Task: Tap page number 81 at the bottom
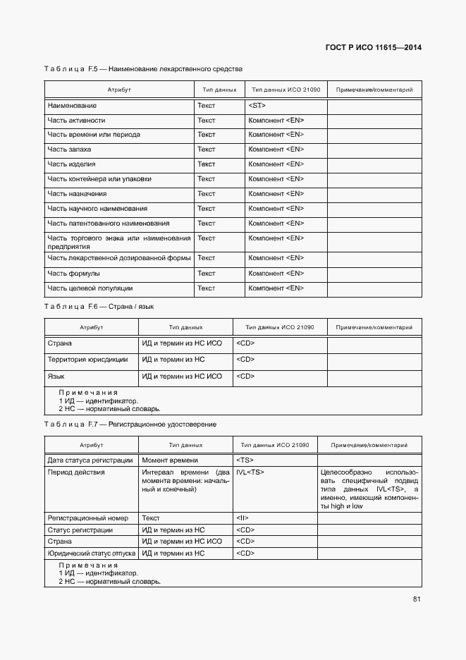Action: (417, 600)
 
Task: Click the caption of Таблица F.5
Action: (143, 69)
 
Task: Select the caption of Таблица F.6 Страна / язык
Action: (99, 307)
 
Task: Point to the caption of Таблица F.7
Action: (130, 424)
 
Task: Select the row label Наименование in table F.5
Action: (72, 105)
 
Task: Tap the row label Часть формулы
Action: (73, 273)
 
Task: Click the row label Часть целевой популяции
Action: (90, 288)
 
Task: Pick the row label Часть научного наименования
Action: (97, 209)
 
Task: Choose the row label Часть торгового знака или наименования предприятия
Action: (118, 243)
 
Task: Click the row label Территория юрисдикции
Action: (87, 360)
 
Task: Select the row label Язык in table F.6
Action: (56, 377)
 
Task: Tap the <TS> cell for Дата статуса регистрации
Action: (245, 460)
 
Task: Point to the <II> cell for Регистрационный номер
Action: (243, 518)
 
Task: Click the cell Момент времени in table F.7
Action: (169, 460)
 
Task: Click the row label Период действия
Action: (75, 472)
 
